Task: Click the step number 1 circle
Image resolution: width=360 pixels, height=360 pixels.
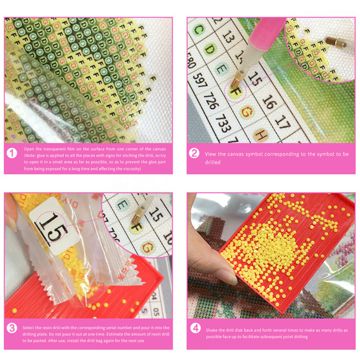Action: tap(12, 154)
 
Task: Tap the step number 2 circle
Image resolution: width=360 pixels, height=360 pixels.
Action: tap(194, 154)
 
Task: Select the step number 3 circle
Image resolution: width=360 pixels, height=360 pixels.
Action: tap(12, 328)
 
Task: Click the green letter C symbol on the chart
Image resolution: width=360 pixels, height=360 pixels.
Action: tap(197, 30)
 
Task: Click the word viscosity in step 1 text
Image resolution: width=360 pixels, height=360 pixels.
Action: tap(131, 168)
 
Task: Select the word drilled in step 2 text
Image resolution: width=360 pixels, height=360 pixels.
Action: tap(213, 162)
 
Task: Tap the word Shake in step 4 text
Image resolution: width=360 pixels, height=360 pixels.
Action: tap(211, 330)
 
